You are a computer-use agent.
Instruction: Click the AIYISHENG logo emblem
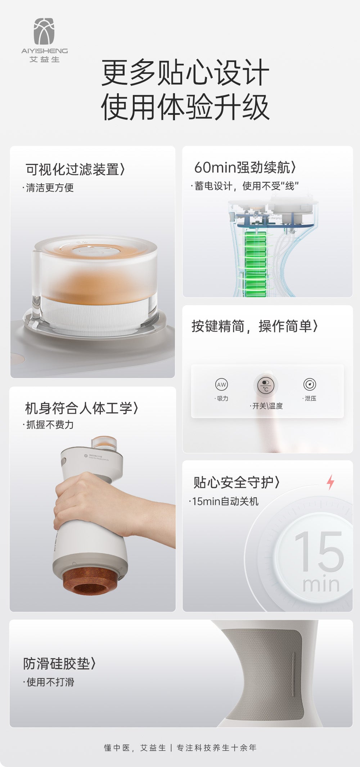point(44,31)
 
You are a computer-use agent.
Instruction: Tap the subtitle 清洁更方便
point(49,188)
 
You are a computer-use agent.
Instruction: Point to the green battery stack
point(256,263)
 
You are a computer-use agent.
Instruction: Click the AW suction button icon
point(221,385)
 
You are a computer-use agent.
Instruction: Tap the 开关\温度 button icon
point(266,385)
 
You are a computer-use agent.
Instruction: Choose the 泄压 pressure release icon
point(310,385)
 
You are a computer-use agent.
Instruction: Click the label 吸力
point(222,398)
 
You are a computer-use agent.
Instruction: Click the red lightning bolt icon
point(330,482)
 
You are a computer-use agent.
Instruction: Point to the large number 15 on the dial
point(319,551)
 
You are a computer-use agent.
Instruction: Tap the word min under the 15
point(320,584)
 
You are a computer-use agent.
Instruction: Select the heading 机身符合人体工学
point(81,408)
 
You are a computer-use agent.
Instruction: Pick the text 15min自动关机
point(225,501)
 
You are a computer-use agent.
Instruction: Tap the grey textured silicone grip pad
point(266,673)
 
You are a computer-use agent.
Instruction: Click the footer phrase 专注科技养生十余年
point(216,748)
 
